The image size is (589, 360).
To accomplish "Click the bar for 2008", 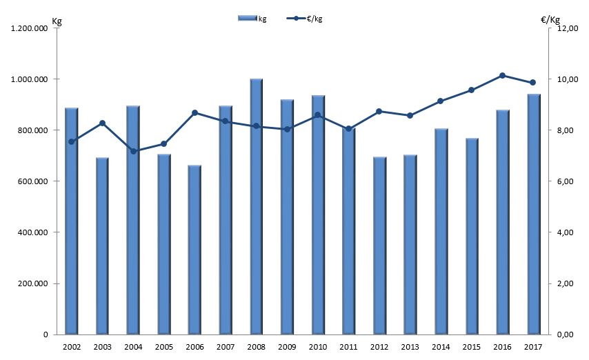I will coord(256,207).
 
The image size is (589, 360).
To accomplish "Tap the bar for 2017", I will coord(533,214).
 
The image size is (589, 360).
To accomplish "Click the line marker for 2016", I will coord(502,75).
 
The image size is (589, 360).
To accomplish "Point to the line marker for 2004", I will coord(133,151).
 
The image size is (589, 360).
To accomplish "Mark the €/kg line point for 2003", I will coord(102,123).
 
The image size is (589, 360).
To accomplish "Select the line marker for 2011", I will coord(348,129).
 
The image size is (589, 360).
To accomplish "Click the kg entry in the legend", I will coord(252,19).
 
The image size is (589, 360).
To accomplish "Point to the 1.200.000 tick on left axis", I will coord(28,28).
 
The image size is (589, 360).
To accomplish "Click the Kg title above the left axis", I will coord(57,21).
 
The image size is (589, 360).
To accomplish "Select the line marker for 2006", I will coord(194,112).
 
